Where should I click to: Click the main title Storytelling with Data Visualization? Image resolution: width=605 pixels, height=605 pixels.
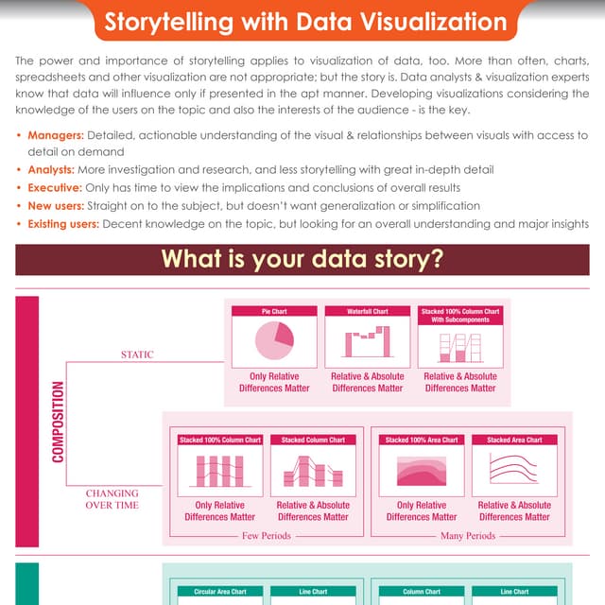(x=305, y=22)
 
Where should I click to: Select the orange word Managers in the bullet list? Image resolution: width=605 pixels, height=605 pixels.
(x=56, y=135)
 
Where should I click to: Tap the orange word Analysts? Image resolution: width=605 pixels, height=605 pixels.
(x=51, y=170)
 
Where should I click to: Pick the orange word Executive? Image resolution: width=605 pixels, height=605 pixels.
(x=55, y=188)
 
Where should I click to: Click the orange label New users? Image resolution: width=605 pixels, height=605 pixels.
(x=56, y=206)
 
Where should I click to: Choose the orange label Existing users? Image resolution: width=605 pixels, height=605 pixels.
(x=63, y=224)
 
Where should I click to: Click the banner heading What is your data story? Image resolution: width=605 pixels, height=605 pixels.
(x=302, y=259)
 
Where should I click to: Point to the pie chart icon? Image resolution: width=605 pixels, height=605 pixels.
(x=274, y=340)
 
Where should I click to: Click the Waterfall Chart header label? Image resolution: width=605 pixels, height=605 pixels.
(x=368, y=311)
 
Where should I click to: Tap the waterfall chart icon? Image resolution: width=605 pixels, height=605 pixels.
(x=368, y=341)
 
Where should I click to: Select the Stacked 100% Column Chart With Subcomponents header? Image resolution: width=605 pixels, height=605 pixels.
(x=460, y=316)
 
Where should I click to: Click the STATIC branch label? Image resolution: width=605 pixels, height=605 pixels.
(x=137, y=354)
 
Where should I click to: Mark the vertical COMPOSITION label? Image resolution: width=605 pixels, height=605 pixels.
(x=58, y=422)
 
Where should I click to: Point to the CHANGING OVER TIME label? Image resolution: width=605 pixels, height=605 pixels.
(x=112, y=499)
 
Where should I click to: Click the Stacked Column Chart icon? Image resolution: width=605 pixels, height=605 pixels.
(x=313, y=471)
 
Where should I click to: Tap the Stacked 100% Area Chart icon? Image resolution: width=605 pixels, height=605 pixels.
(x=422, y=471)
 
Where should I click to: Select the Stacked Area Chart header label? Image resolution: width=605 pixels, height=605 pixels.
(x=514, y=441)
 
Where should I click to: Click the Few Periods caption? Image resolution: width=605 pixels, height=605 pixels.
(x=267, y=536)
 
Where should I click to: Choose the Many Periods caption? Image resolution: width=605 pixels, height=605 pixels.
(x=468, y=536)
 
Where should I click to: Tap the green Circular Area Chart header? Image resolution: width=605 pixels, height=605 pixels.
(x=220, y=592)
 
